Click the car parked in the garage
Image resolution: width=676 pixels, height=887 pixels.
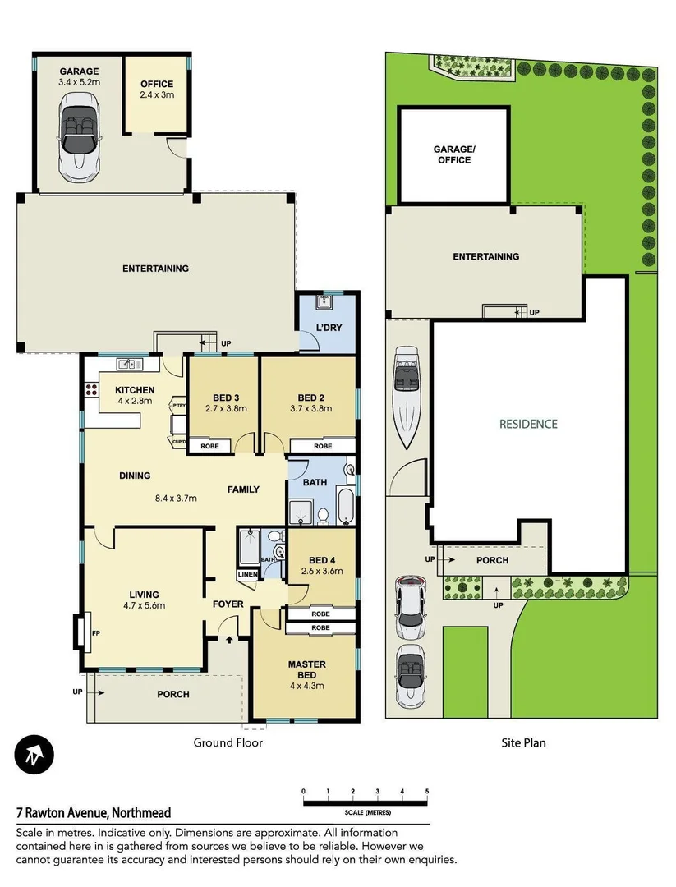[x=79, y=135]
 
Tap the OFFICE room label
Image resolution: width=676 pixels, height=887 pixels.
[x=156, y=85]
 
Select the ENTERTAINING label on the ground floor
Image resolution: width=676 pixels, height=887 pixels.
[x=155, y=269]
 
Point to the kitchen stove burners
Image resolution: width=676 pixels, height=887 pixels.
[x=90, y=391]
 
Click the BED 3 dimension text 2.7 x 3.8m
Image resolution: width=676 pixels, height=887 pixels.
[x=225, y=408]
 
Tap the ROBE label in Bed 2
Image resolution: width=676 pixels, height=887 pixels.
[x=323, y=446]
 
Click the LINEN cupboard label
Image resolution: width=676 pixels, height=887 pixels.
[x=247, y=574]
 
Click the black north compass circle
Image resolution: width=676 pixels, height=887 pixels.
[x=34, y=754]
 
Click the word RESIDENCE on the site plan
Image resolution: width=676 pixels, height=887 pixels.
[x=528, y=425]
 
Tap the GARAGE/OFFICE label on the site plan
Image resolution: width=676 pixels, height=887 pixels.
[x=453, y=154]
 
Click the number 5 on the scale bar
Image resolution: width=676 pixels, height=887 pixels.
[x=427, y=792]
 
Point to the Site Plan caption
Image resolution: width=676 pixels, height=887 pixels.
[x=523, y=742]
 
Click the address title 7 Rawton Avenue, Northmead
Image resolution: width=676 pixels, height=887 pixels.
[x=94, y=813]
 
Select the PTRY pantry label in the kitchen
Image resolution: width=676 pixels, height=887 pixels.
[x=177, y=405]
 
